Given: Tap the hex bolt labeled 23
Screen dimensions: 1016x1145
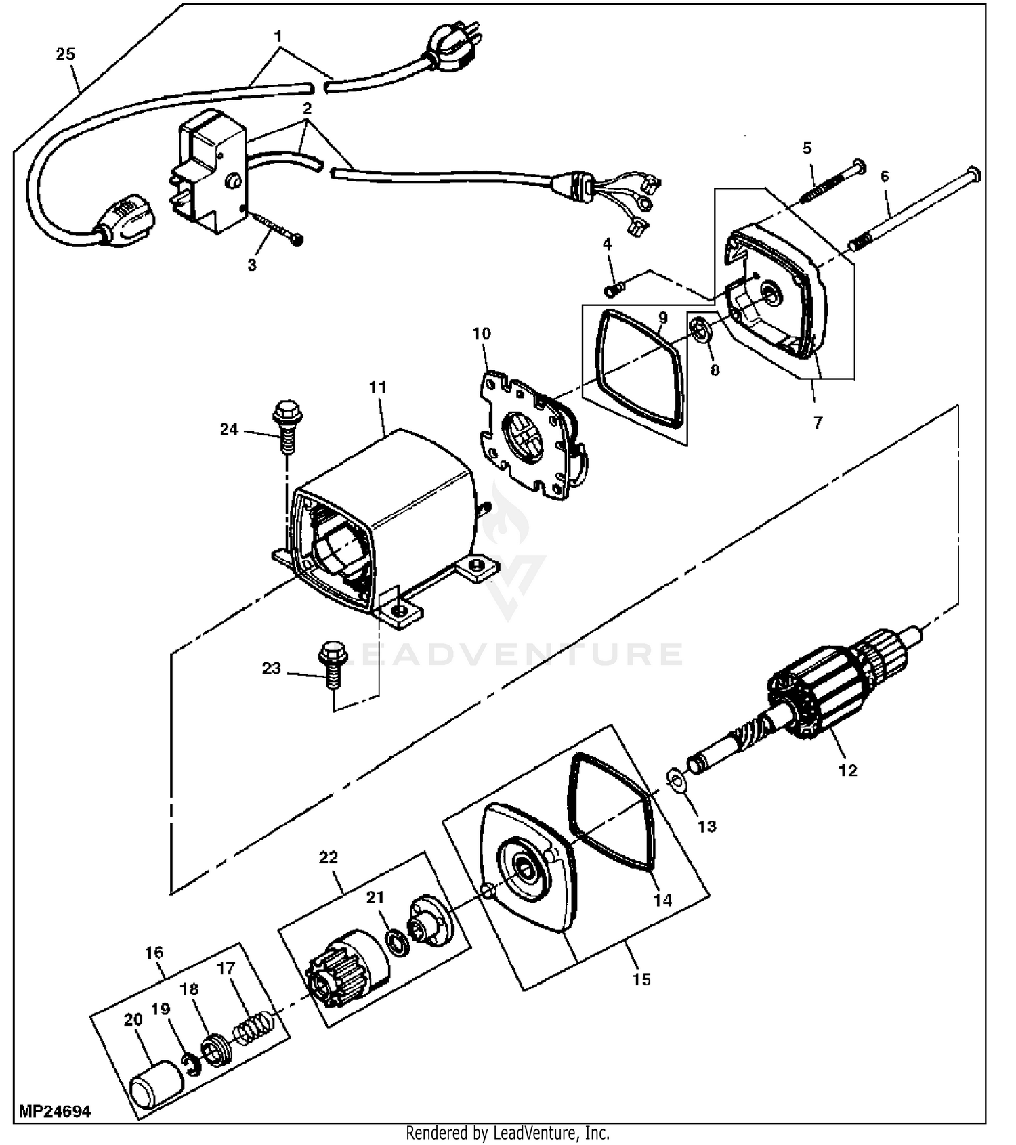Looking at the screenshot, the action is pyautogui.click(x=333, y=665).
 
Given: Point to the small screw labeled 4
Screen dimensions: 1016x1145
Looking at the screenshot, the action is pyautogui.click(x=614, y=289).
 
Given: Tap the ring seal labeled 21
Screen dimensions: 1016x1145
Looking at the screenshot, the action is pyautogui.click(x=395, y=942).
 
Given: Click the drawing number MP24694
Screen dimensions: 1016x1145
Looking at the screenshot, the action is pyautogui.click(x=54, y=1112).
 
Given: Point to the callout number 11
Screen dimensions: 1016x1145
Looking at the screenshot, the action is pyautogui.click(x=377, y=387).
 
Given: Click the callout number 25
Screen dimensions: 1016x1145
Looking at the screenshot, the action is pyautogui.click(x=65, y=54).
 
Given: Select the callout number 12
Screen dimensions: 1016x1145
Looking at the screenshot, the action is pyautogui.click(x=847, y=770).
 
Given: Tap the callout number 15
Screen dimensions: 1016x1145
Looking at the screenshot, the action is pyautogui.click(x=641, y=979).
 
